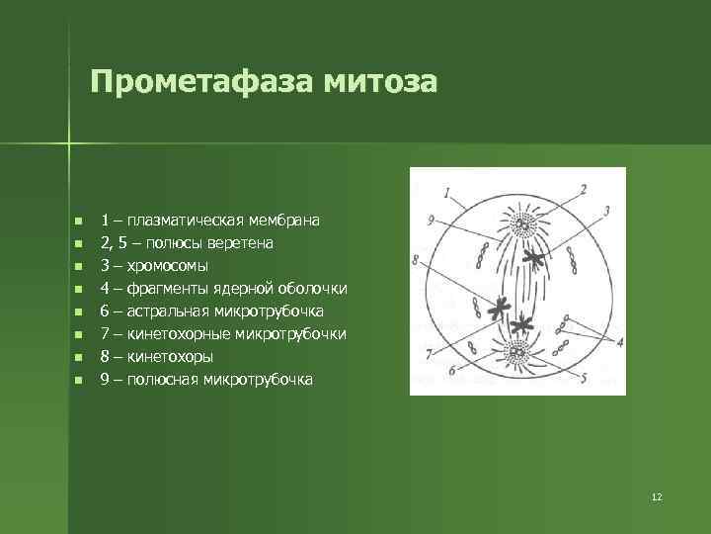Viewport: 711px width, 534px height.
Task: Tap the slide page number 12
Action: [657, 495]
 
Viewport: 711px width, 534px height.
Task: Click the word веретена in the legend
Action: [242, 242]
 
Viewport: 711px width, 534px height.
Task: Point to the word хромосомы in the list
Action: [166, 265]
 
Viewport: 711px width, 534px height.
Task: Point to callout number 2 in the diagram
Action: [583, 188]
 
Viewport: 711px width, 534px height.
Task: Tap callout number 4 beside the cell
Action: [618, 341]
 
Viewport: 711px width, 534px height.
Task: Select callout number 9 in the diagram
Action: [432, 220]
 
